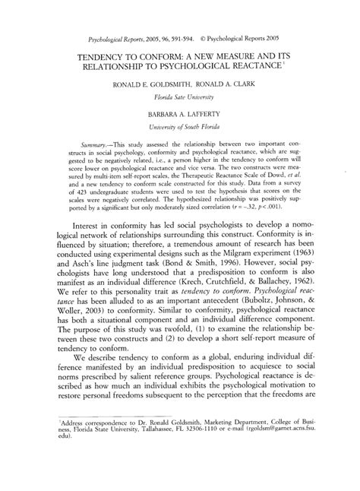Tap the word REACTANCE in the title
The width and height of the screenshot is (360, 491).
tap(255, 67)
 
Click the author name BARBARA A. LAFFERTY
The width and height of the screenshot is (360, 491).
tap(179, 112)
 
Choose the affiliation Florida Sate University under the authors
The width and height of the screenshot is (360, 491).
tap(180, 97)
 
